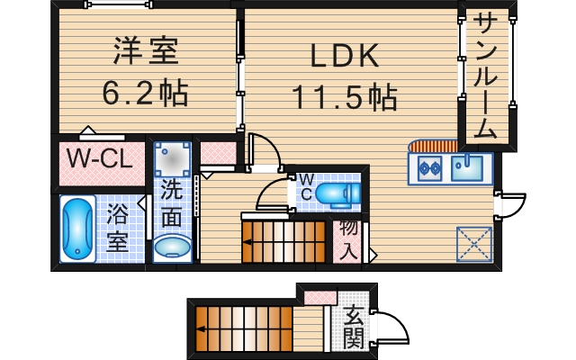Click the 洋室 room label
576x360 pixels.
tap(146, 49)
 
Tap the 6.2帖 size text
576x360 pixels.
tap(146, 92)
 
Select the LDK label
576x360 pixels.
tap(345, 56)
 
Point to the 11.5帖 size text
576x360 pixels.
tap(344, 95)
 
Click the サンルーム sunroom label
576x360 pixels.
tap(486, 76)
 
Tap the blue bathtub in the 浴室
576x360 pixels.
tap(76, 229)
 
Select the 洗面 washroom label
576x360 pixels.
tap(171, 202)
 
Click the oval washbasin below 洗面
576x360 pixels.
tap(172, 246)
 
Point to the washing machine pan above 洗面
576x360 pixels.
tap(172, 160)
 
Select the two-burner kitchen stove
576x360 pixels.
tap(427, 166)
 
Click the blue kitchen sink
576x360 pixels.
tap(468, 166)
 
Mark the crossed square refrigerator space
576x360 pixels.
tap(474, 242)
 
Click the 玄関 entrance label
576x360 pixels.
tap(353, 328)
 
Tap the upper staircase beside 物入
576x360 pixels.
tap(283, 241)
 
